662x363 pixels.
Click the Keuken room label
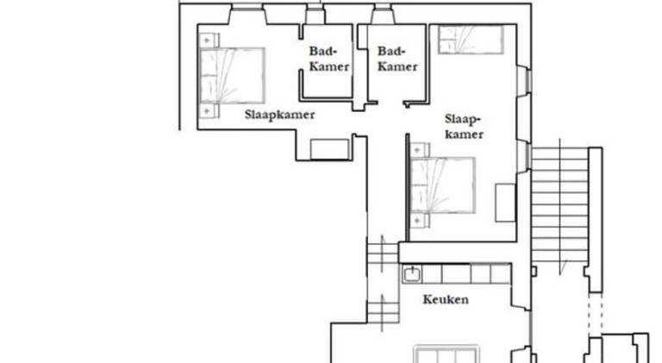pos(446,299)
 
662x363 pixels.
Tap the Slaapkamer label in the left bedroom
pos(279,115)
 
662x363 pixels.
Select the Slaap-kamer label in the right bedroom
pos(464,127)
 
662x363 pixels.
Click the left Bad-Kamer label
pos(329,59)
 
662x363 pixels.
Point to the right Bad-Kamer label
pos(397,59)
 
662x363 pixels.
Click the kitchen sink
pos(411,274)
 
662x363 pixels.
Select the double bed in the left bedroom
pos(232,76)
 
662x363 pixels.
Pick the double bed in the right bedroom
pos(443,185)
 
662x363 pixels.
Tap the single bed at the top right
pos(471,40)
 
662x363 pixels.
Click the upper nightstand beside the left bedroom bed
pos(209,41)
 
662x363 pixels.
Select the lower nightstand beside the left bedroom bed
pos(209,111)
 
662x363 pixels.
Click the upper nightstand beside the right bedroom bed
pos(419,150)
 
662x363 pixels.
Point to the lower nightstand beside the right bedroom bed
pos(419,221)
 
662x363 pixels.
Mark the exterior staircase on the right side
pos(559,204)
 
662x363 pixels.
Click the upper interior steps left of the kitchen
pos(383,253)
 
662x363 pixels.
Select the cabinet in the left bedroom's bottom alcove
pos(330,149)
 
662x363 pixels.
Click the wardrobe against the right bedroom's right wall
pos(505,202)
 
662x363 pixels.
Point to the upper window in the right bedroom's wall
pos(524,79)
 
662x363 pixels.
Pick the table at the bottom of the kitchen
pos(447,354)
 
